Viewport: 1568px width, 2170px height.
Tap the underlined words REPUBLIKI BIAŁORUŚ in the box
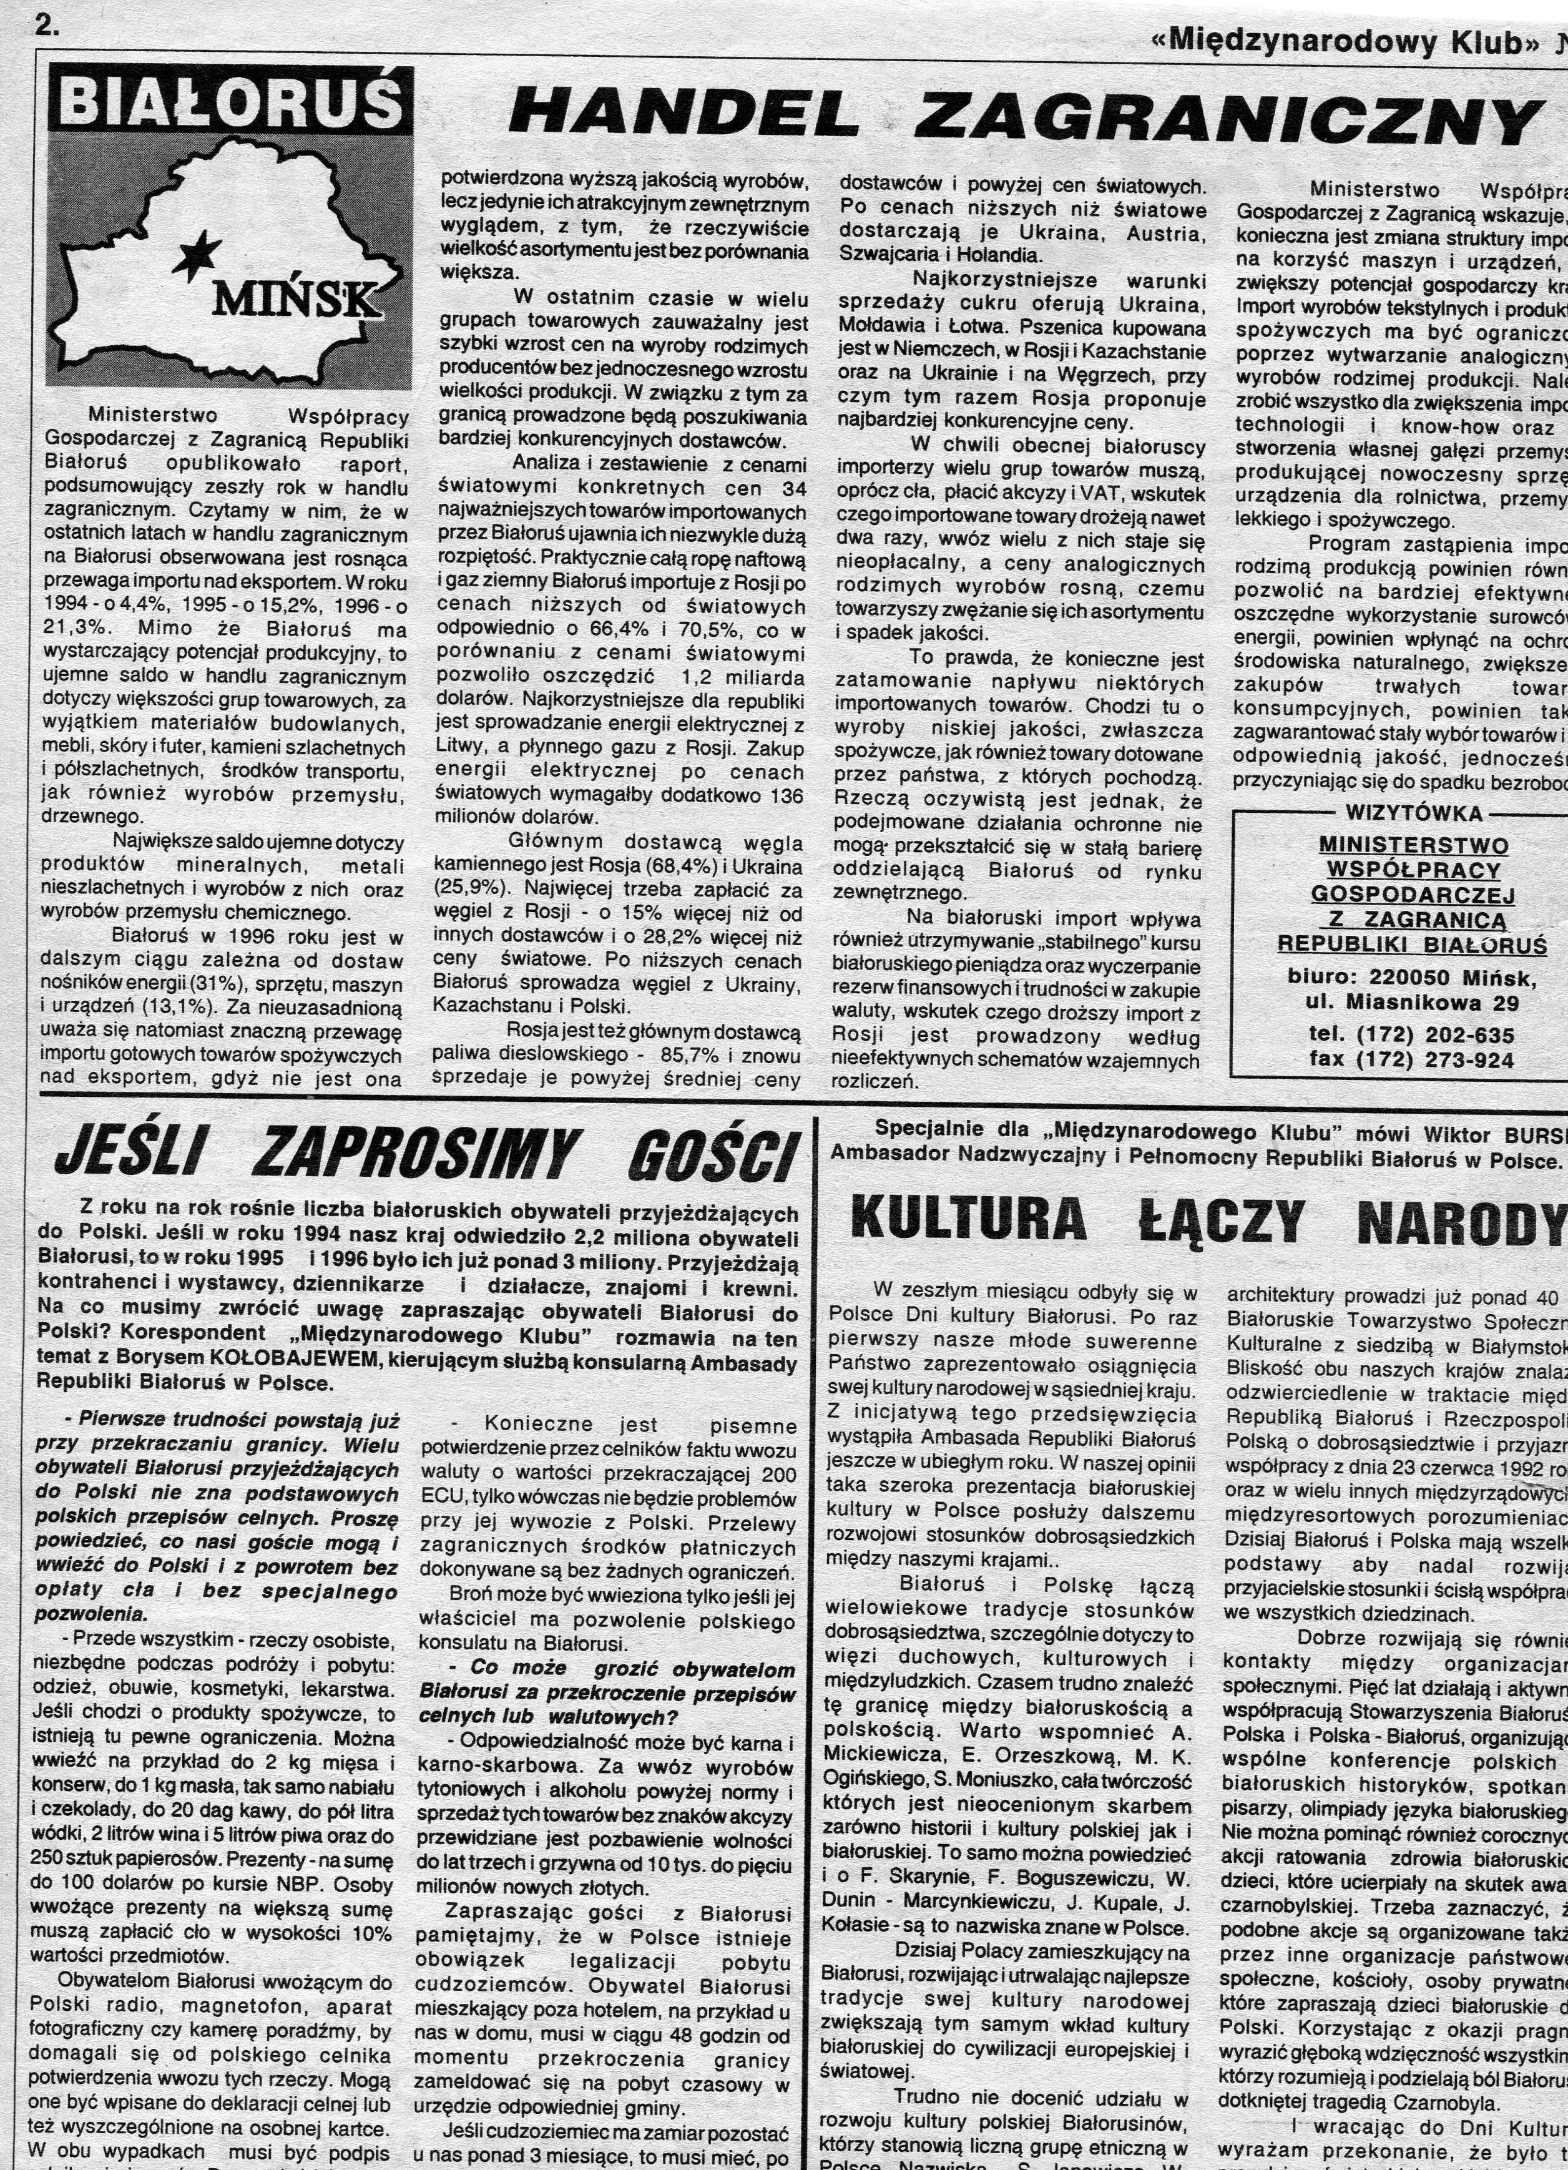[1412, 945]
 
